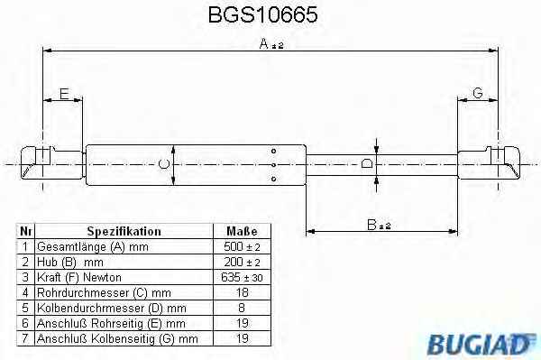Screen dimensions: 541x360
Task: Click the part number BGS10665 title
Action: tap(262, 14)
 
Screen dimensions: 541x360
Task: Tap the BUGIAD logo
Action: tap(481, 344)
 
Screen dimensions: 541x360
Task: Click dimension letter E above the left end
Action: tap(64, 94)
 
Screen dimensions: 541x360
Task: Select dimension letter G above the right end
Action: tap(478, 93)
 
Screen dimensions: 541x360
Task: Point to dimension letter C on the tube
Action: tap(164, 164)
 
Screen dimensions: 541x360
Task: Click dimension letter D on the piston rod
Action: tap(366, 163)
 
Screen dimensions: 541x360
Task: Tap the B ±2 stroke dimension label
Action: tap(379, 225)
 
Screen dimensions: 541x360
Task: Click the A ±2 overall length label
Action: tap(270, 44)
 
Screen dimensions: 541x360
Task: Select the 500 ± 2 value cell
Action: tap(242, 247)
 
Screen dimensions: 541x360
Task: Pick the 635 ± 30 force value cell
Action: tap(242, 278)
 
